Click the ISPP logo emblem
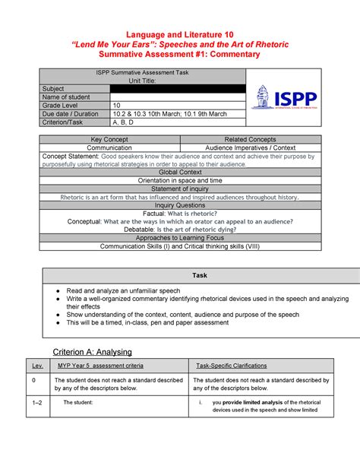tap(262, 97)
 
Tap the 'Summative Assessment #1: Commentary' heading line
tap(180, 55)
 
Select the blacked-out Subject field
tap(178, 89)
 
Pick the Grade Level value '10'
tap(116, 106)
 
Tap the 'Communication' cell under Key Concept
tap(109, 147)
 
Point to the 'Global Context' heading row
tap(179, 172)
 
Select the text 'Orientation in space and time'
tap(179, 180)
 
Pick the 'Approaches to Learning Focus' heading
tap(179, 238)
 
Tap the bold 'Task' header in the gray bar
tap(179, 274)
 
